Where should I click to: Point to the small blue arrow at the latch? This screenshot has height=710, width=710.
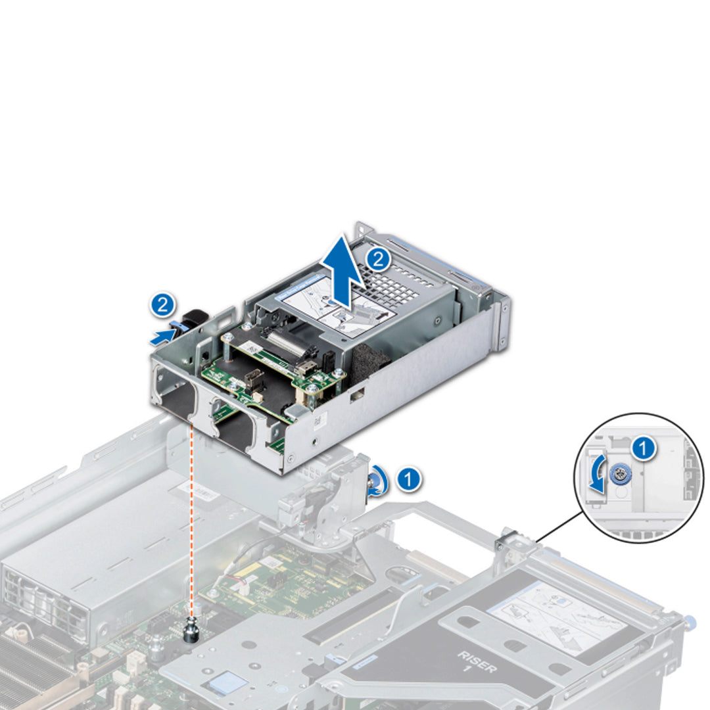coord(162,337)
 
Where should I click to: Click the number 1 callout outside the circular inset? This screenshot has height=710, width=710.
coord(409,479)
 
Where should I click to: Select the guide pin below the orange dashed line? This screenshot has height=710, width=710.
coord(193,630)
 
